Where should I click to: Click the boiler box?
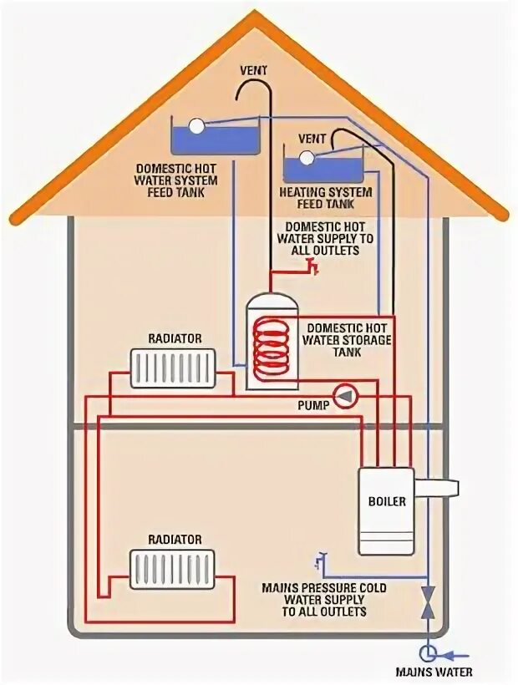[x=385, y=510]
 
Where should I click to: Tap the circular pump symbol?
[x=342, y=395]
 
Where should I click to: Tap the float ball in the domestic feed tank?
[x=196, y=126]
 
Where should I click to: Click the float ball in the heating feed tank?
[x=307, y=156]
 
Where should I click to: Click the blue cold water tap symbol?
[x=321, y=559]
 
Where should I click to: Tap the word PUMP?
[x=313, y=404]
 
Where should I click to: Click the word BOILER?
[x=386, y=502]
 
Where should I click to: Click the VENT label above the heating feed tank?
[x=312, y=139]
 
